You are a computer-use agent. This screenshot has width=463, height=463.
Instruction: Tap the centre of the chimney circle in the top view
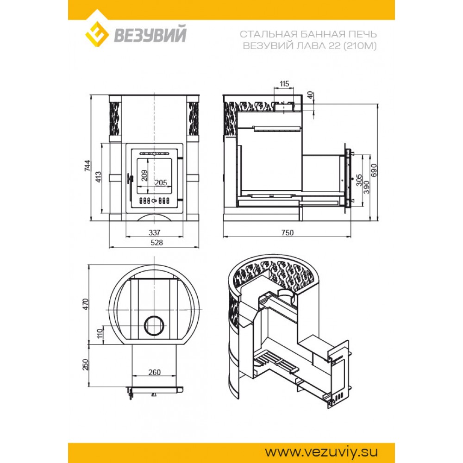coord(153,325)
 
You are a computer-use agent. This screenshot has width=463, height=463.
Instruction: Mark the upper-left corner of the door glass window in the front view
coord(137,158)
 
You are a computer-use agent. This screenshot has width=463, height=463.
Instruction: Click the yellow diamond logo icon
coord(97,32)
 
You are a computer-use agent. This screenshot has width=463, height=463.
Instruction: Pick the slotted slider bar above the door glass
coord(154,154)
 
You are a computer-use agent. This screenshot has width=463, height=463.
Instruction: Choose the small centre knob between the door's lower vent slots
coord(154,201)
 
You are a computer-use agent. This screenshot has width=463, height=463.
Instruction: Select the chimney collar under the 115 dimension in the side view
coord(284,106)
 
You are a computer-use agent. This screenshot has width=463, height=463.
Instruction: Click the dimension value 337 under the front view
coord(155,233)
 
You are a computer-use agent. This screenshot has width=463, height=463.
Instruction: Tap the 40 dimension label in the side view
coord(310,95)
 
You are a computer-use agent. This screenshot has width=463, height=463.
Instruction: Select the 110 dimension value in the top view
coord(100,334)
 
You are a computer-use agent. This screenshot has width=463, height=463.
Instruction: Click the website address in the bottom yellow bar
coord(321,452)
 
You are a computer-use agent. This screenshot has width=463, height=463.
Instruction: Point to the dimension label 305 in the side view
coord(359,180)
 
